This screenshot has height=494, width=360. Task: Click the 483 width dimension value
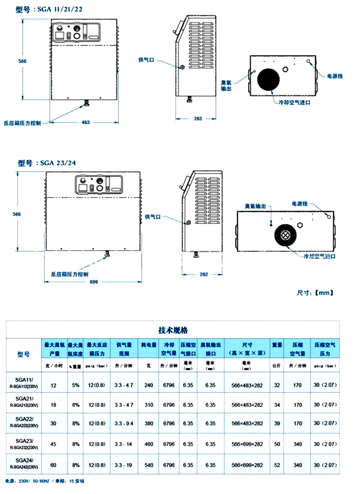coord(86,122)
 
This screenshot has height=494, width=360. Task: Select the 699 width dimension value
coord(93,282)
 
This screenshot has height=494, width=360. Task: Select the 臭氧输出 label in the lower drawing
coord(255,206)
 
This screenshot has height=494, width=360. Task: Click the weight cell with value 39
coord(277,423)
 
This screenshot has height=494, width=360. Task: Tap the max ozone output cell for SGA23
coord(53,444)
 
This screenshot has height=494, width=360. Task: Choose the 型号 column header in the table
coord(23,354)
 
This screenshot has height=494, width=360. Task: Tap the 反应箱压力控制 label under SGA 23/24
coord(69,274)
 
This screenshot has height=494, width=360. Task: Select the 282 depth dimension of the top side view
coord(198,119)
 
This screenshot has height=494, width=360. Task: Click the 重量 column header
coord(277,345)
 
